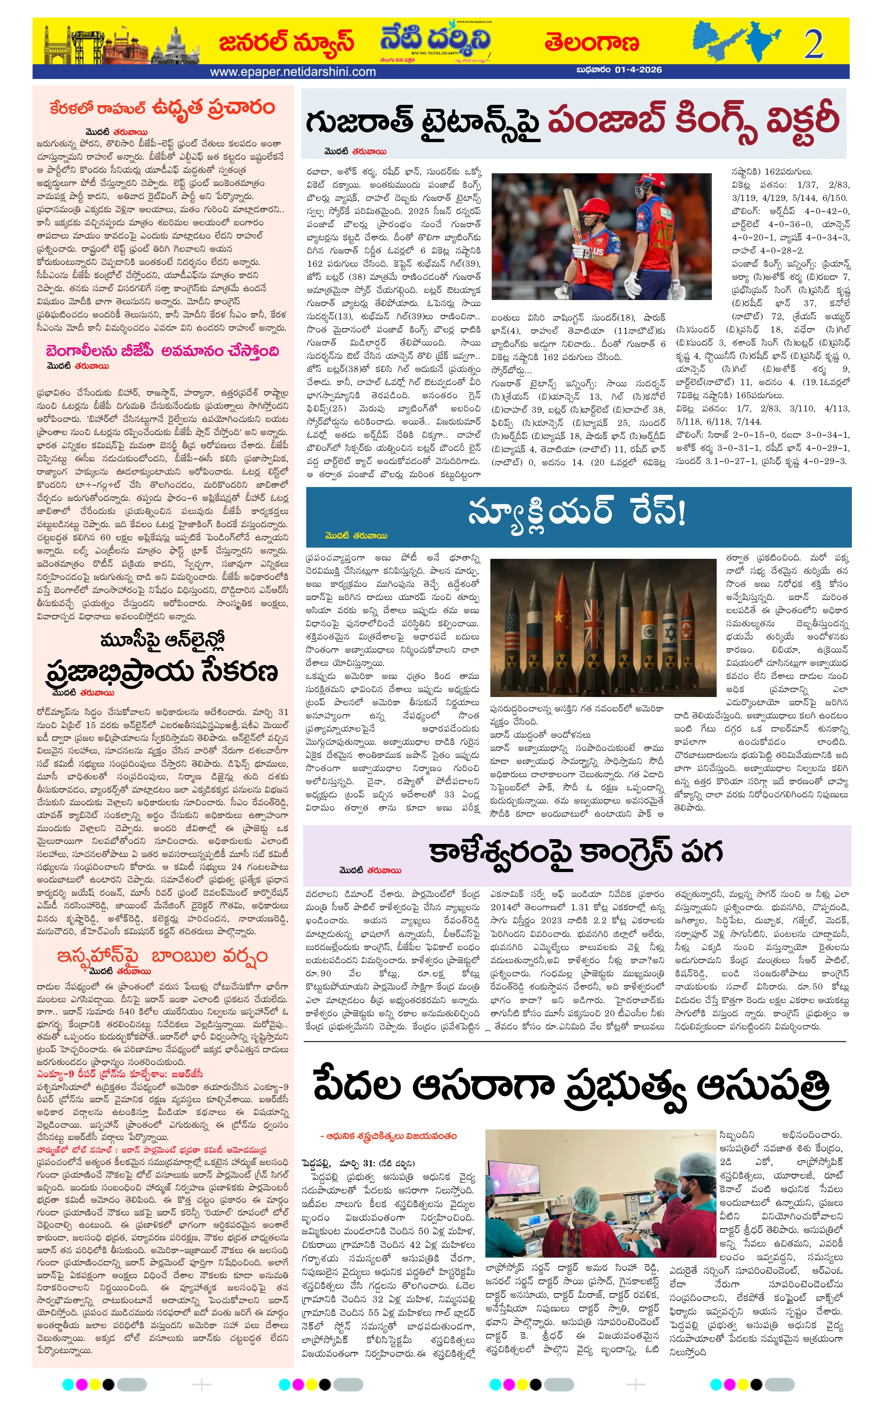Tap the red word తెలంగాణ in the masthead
(591, 43)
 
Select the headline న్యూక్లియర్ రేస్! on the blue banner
(577, 513)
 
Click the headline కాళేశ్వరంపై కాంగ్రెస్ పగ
(575, 851)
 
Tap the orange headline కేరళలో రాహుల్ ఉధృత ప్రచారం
(162, 107)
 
